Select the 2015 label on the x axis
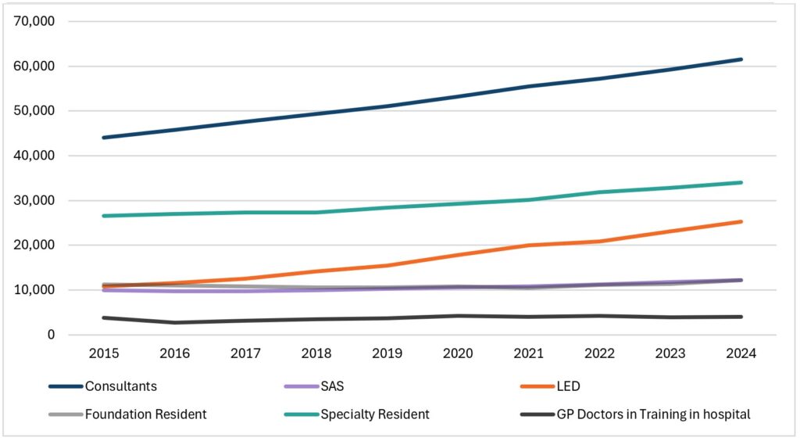[x=104, y=353]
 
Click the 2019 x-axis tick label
[x=387, y=353]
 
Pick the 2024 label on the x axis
[x=741, y=353]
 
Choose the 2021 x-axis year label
[x=528, y=353]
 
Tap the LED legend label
[x=569, y=386]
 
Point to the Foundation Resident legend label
[x=146, y=414]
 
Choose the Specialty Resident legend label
[x=375, y=414]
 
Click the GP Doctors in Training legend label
[x=653, y=414]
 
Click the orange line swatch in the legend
[x=535, y=386]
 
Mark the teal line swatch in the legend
[x=299, y=414]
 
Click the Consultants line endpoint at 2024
[x=741, y=59]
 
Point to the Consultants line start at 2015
[x=104, y=138]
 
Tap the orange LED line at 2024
[x=741, y=221]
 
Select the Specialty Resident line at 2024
[x=741, y=182]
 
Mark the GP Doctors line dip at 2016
[x=175, y=322]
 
